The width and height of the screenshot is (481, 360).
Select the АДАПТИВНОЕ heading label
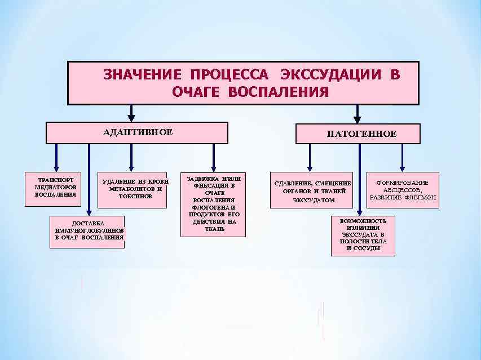138,132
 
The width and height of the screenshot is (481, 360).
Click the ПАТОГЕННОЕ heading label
361,134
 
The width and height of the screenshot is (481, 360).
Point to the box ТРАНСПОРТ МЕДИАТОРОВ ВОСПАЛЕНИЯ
55,188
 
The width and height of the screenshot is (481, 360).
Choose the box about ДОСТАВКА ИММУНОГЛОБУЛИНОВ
88,231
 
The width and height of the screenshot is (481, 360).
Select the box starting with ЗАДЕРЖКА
213,203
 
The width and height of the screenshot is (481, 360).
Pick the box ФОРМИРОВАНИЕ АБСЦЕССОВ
403,190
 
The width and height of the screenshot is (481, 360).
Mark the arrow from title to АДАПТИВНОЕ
131,113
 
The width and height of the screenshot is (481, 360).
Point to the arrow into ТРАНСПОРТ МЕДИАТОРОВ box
56,157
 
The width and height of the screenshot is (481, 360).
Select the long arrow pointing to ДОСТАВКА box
89,180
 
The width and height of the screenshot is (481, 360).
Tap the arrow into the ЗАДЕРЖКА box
213,157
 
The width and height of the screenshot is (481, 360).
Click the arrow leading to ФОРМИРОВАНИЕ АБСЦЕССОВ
402,157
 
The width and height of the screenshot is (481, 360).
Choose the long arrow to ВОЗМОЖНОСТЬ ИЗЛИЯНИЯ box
360,180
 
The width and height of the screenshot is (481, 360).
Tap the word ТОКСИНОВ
135,196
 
